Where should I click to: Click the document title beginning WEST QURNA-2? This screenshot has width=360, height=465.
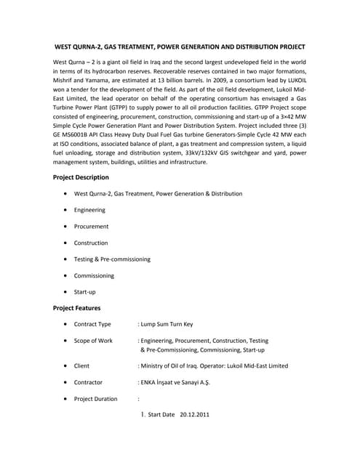tap(180, 46)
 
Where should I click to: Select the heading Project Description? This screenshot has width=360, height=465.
tap(81, 177)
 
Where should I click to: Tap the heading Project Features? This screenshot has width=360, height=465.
tap(77, 308)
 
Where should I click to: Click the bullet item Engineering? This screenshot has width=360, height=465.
tap(89, 210)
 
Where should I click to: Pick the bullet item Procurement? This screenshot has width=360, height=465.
tap(92, 227)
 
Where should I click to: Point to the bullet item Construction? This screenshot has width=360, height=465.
tap(91, 243)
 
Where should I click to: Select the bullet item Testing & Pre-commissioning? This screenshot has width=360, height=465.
tap(112, 259)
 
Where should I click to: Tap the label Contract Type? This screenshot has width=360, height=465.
tap(92, 325)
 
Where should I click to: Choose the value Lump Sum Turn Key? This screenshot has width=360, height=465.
tap(170, 325)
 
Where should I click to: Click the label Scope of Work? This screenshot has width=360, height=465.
tap(93, 341)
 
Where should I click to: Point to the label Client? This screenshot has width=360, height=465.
tap(81, 366)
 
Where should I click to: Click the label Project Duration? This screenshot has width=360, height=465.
tap(95, 399)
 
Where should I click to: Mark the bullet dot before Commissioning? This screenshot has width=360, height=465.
tap(66, 276)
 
